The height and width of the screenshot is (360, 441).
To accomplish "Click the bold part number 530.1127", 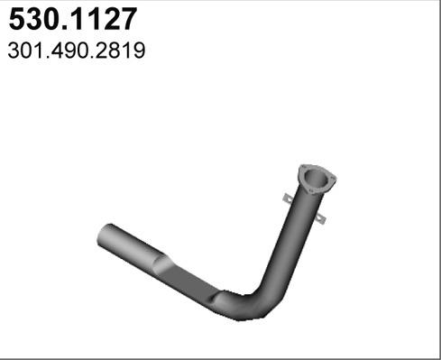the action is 73,19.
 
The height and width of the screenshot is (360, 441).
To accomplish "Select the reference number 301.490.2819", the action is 77,51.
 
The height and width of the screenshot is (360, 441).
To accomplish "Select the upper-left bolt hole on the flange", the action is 303,167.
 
